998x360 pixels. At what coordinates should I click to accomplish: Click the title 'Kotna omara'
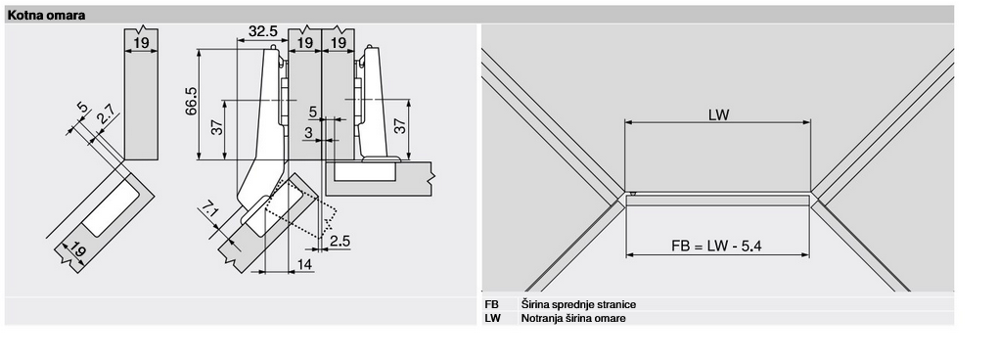click(x=46, y=16)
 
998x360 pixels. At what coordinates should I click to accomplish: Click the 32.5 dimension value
click(x=262, y=30)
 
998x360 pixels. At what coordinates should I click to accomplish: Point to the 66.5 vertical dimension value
click(x=192, y=102)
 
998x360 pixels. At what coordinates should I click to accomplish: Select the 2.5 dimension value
click(x=340, y=241)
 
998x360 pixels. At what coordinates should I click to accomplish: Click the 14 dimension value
click(x=305, y=264)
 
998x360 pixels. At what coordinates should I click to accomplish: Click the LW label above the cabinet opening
click(x=718, y=115)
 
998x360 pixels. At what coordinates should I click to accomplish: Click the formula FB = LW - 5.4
click(x=716, y=246)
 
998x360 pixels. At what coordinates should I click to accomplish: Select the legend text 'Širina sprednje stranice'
click(x=578, y=304)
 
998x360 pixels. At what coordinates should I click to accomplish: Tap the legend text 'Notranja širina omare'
click(x=573, y=318)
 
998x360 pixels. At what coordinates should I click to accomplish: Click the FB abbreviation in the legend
click(x=491, y=304)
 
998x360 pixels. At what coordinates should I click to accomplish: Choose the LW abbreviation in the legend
click(x=492, y=318)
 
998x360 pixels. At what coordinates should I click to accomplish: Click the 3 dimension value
click(x=308, y=132)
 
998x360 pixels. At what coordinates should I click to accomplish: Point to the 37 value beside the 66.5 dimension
click(x=217, y=128)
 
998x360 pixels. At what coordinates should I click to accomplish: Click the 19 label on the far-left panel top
click(x=141, y=43)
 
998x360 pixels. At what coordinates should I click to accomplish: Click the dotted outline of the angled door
click(x=299, y=210)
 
